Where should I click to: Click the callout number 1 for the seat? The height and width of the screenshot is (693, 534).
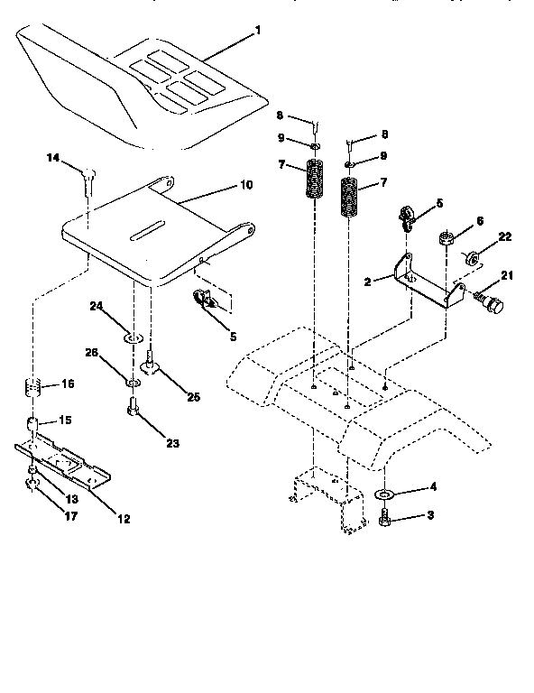click(x=258, y=32)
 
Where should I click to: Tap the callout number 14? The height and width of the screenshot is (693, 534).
click(x=53, y=158)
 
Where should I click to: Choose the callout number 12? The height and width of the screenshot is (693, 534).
click(x=124, y=519)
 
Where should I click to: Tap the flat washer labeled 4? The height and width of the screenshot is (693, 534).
click(x=382, y=495)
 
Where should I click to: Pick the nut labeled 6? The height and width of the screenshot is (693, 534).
click(x=445, y=240)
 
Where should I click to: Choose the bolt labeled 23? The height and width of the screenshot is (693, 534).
click(x=132, y=412)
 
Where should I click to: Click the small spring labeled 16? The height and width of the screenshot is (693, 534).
click(x=33, y=390)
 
